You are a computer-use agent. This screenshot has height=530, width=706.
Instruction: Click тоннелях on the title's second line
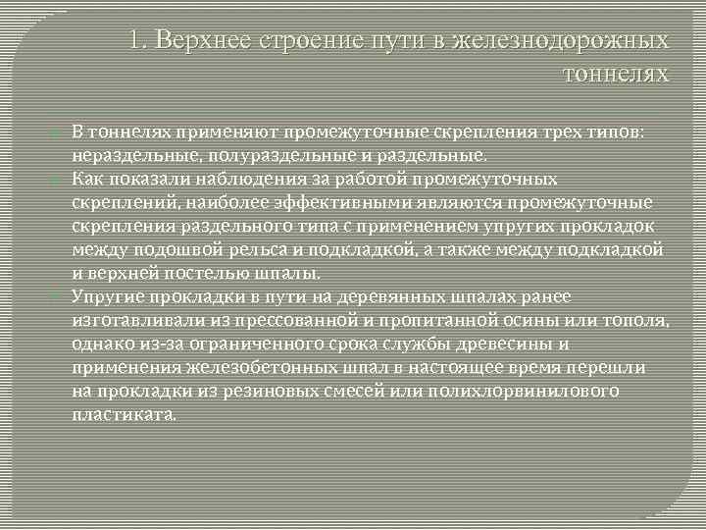point(617,75)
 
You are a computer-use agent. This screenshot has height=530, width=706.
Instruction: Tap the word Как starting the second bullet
point(88,180)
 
